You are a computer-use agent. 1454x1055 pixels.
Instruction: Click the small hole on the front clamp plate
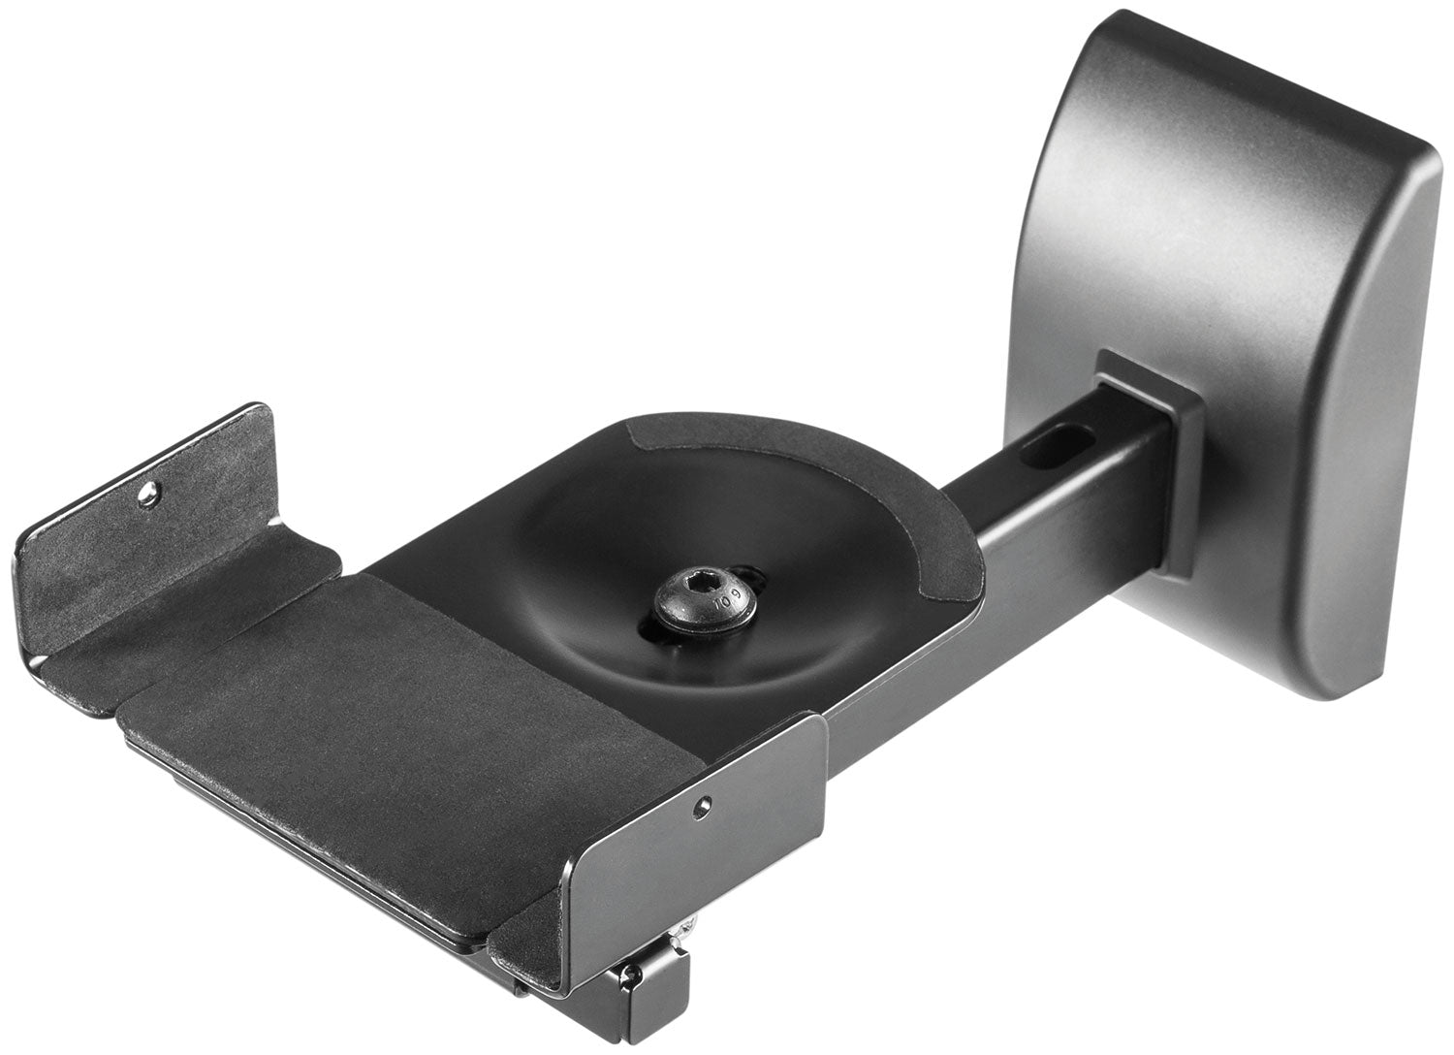pyautogui.click(x=708, y=802)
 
